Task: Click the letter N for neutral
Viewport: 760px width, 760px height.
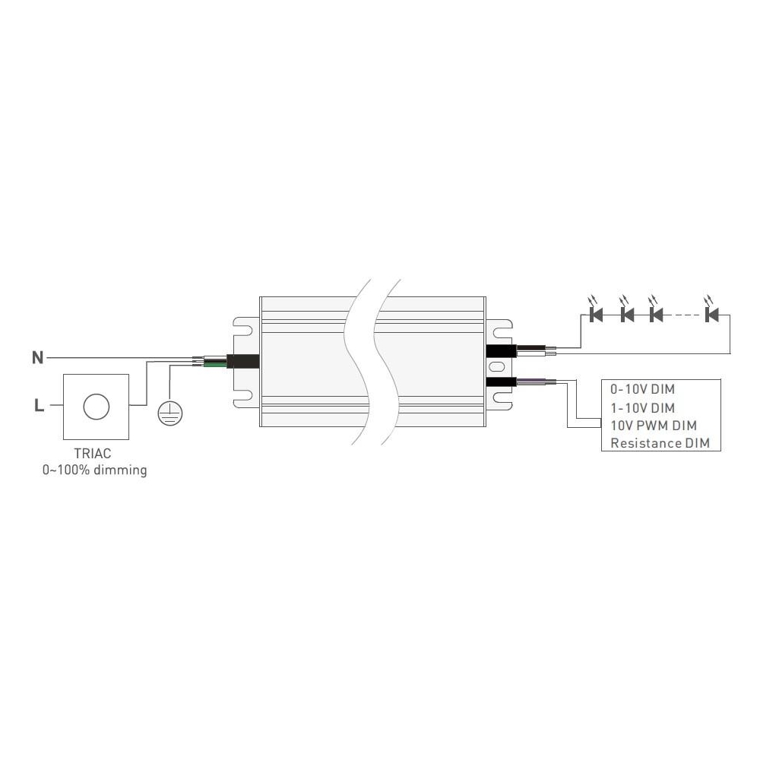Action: [x=38, y=358]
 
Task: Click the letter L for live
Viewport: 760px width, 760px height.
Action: [x=40, y=405]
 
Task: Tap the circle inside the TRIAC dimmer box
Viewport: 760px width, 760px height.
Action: [x=97, y=407]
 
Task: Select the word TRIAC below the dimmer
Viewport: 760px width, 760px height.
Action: [x=93, y=454]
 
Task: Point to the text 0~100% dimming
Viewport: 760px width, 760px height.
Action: [x=94, y=470]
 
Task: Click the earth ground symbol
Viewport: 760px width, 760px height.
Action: [x=170, y=414]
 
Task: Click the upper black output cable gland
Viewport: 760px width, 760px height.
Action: [x=501, y=350]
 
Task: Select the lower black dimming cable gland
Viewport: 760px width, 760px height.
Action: [x=501, y=382]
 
